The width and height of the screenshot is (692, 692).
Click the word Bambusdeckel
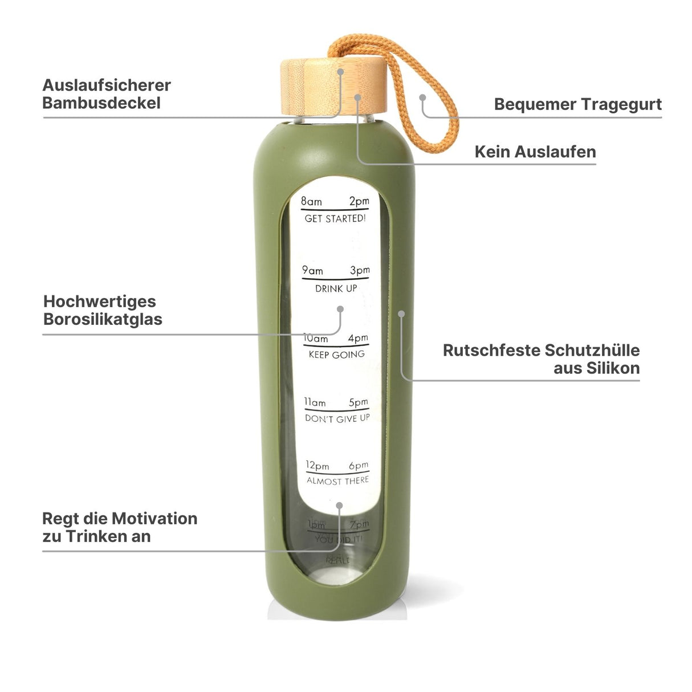(101, 103)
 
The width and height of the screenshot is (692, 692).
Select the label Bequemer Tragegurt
(577, 104)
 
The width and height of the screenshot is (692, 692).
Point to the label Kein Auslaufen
(535, 152)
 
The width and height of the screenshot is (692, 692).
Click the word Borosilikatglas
(103, 319)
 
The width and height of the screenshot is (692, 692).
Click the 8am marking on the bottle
(311, 201)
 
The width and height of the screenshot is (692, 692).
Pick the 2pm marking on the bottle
(359, 201)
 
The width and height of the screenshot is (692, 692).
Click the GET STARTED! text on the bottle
(335, 218)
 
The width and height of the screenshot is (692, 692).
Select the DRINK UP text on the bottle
(336, 288)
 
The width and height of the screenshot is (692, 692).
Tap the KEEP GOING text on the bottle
(336, 355)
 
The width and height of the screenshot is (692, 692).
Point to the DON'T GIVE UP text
(337, 418)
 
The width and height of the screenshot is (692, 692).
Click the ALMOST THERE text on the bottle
(337, 481)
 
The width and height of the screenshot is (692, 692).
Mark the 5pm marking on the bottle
(359, 402)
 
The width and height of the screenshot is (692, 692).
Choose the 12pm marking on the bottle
(317, 466)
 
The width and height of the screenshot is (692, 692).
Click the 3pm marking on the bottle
(360, 270)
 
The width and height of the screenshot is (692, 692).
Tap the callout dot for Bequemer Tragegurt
(422, 97)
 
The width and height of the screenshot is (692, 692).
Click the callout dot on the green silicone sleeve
(401, 314)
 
